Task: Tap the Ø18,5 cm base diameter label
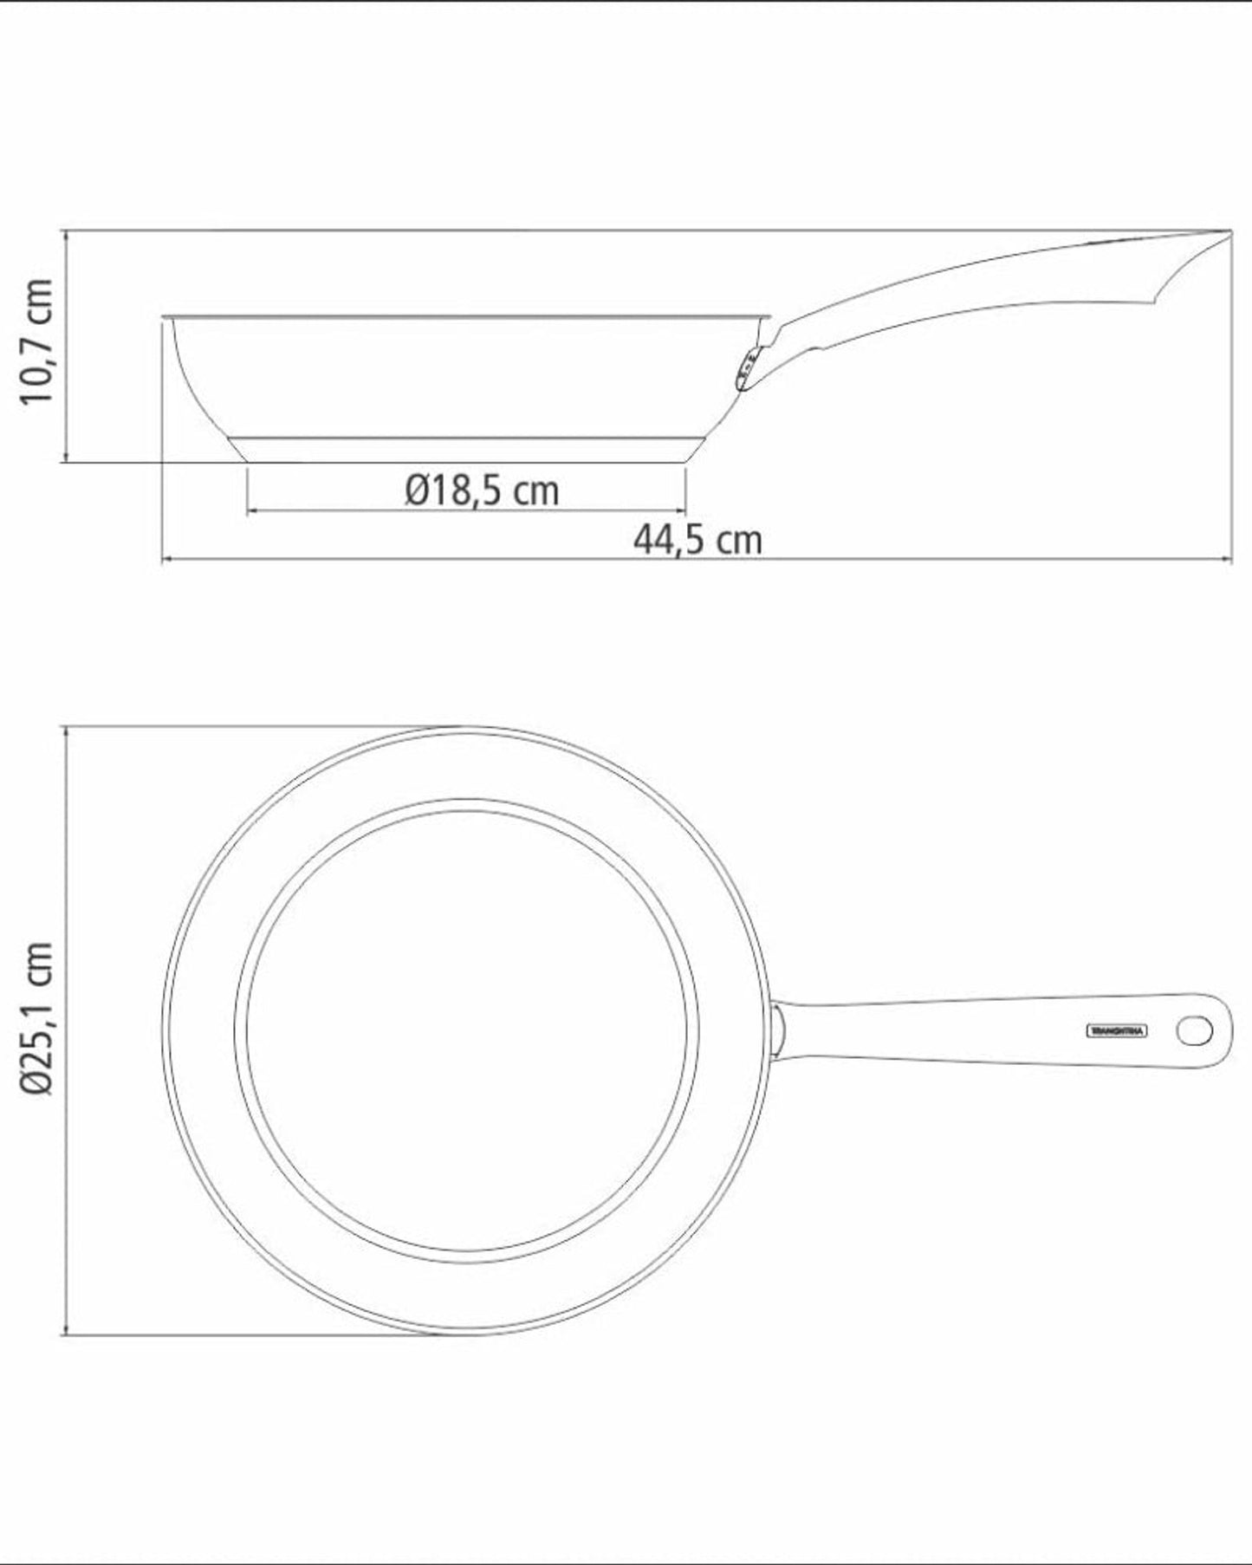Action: pos(482,490)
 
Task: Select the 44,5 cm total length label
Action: pos(697,540)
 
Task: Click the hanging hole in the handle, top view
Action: pos(1196,1030)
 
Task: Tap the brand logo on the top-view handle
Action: pos(1116,1030)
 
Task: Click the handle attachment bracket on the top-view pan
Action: pos(778,1031)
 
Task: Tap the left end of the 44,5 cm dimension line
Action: pos(163,560)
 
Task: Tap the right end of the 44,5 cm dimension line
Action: pos(1231,560)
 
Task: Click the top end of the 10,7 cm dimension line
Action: pos(66,231)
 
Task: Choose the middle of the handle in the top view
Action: pos(996,1030)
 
